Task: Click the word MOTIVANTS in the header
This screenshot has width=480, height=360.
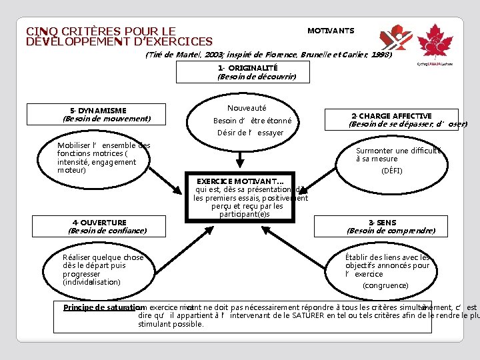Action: click(x=331, y=31)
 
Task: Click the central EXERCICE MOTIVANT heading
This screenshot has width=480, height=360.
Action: click(x=240, y=181)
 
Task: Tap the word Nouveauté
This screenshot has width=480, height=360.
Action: click(x=247, y=107)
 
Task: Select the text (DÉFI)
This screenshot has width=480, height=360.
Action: click(x=391, y=171)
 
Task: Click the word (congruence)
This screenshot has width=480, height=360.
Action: click(x=385, y=285)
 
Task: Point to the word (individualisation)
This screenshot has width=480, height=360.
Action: click(x=92, y=282)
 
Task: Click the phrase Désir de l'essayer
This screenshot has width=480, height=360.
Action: click(x=250, y=133)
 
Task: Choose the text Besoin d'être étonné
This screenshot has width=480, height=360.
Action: click(x=252, y=121)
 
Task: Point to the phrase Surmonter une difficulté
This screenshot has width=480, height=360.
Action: click(x=398, y=151)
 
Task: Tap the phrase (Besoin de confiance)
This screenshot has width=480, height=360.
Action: click(x=107, y=231)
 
